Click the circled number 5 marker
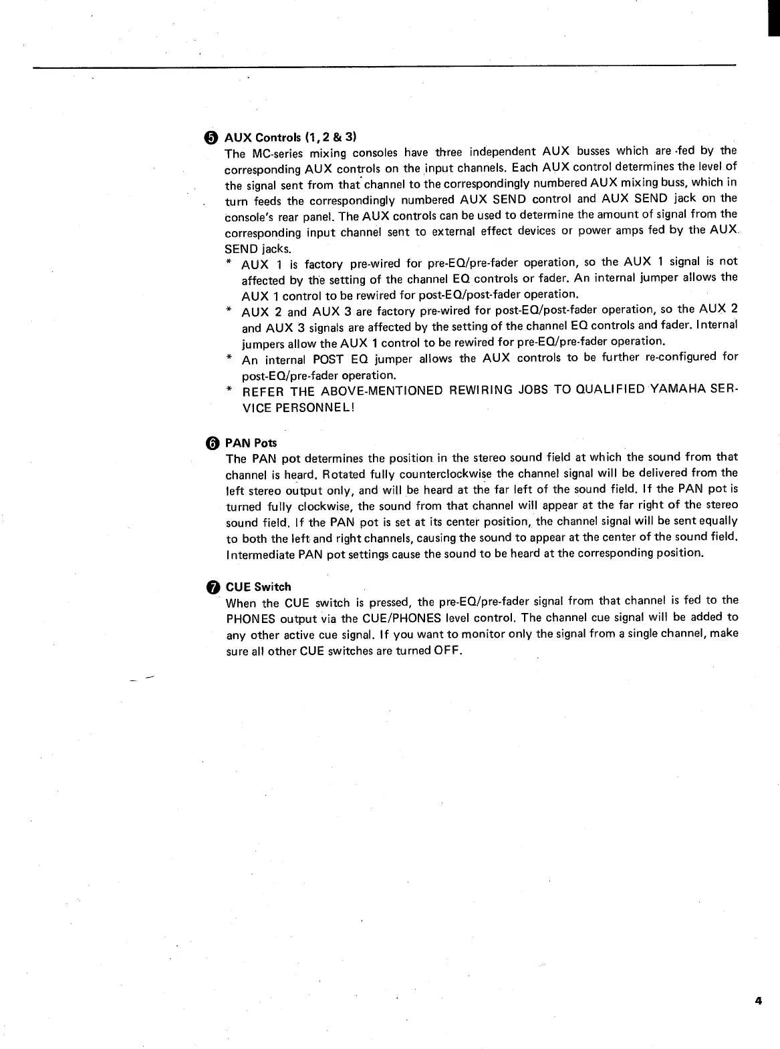[x=212, y=138]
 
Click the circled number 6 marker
[x=212, y=443]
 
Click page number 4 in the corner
[x=758, y=1000]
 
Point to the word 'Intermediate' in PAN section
[x=259, y=554]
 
